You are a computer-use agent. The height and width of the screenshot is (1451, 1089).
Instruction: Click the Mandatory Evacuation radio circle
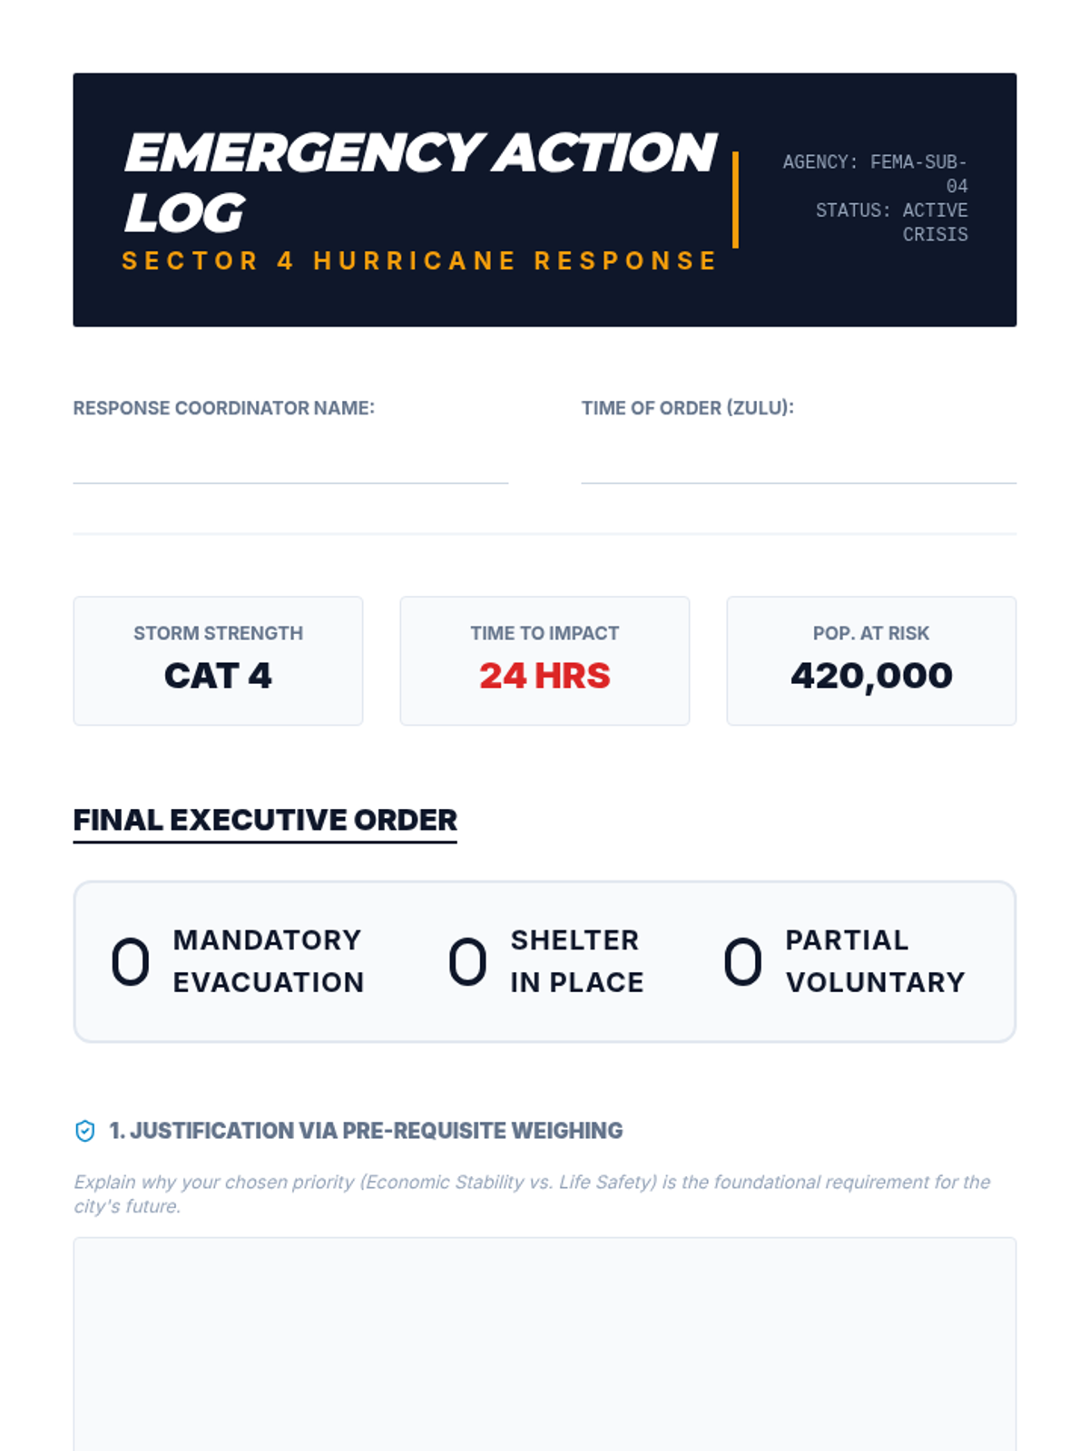130,961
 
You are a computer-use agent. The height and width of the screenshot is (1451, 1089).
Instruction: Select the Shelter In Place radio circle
467,961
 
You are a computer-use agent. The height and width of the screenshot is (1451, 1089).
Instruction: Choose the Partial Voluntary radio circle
742,961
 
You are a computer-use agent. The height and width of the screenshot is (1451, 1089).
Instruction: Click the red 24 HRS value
544,676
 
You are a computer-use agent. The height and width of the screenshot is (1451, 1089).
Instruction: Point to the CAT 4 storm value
218,676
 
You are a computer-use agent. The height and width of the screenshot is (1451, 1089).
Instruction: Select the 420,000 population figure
871,676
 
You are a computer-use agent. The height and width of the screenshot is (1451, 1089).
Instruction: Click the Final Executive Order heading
265,820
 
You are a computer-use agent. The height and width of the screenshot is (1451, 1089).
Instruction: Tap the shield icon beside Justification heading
84,1131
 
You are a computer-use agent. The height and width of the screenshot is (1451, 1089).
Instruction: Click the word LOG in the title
185,213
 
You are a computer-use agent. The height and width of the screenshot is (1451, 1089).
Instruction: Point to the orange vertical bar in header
735,200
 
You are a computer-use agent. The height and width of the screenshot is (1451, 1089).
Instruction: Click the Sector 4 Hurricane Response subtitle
419,261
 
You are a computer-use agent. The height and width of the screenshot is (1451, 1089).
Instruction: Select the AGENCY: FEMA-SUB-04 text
876,173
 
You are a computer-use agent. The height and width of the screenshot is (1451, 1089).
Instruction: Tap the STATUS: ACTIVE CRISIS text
892,222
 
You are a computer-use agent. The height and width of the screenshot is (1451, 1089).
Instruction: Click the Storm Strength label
218,633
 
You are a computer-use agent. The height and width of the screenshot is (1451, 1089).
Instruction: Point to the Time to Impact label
544,633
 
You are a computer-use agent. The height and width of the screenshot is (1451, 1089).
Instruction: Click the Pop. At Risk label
871,633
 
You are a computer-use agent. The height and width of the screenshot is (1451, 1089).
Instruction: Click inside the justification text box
544,1342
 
